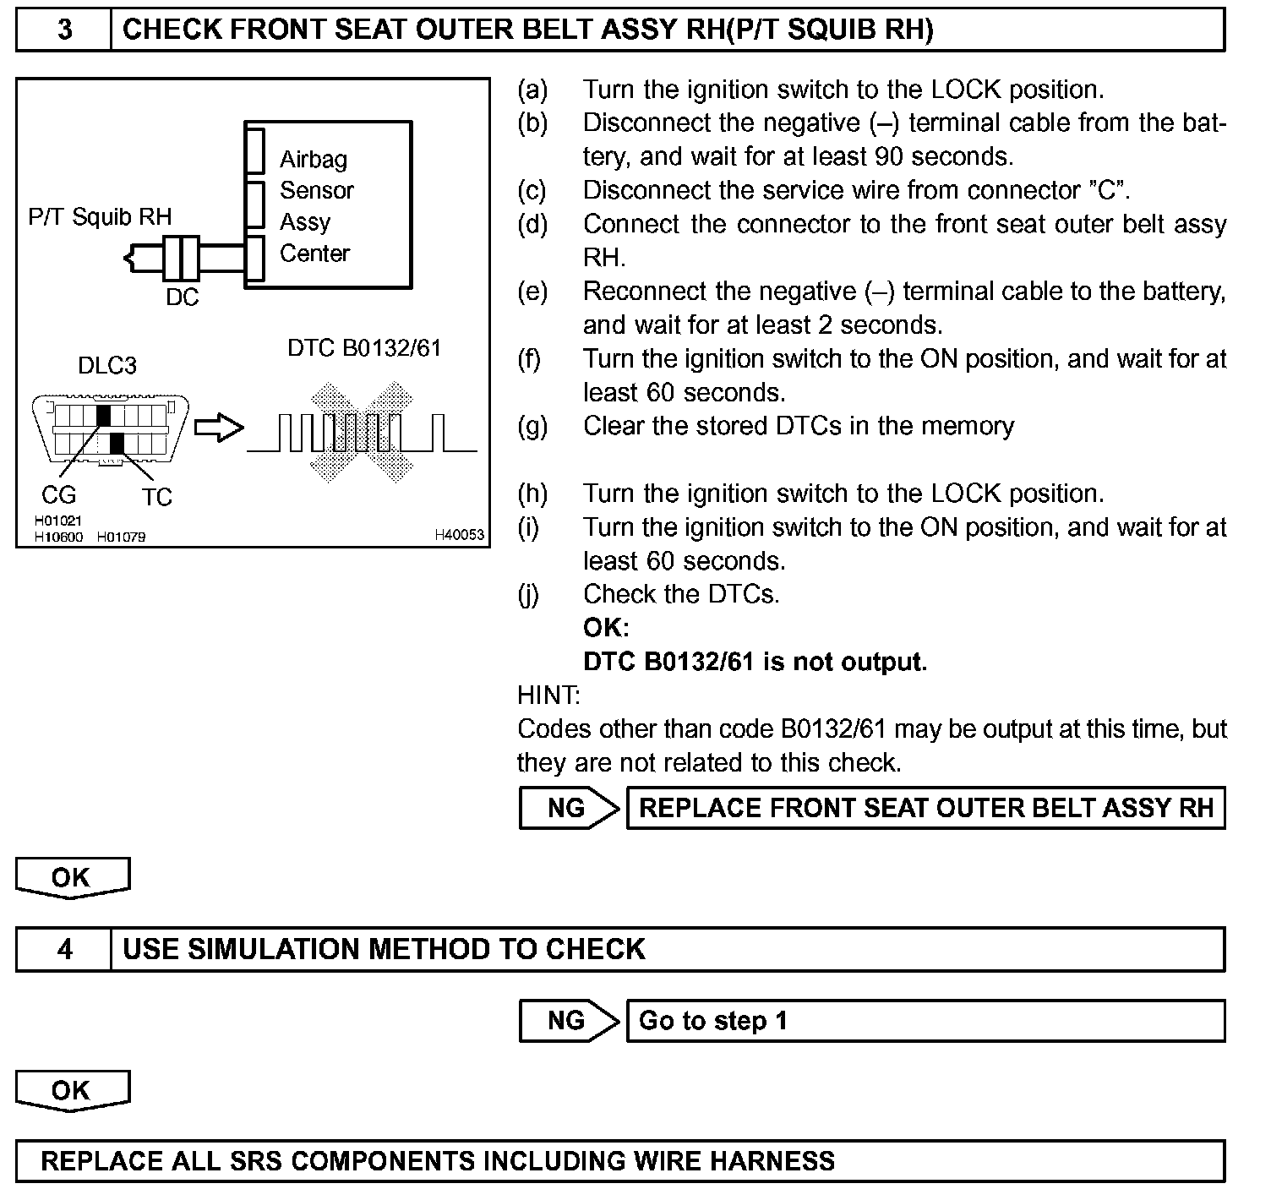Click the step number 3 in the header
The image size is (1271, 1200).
click(64, 30)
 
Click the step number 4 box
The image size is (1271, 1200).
click(64, 949)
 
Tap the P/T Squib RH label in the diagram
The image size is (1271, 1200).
click(100, 217)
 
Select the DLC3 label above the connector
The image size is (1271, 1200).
click(106, 365)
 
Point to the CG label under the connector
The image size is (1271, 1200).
click(58, 495)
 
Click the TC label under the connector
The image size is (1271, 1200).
click(157, 497)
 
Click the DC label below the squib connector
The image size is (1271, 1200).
click(182, 297)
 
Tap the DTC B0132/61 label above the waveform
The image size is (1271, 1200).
click(364, 348)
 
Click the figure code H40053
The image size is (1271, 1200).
click(459, 534)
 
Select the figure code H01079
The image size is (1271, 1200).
click(121, 537)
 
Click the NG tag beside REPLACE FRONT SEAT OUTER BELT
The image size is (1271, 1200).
click(567, 808)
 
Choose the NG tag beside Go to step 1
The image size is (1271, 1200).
click(567, 1020)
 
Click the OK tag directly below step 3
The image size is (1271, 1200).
click(71, 877)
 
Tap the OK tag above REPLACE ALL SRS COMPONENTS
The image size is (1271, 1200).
click(71, 1090)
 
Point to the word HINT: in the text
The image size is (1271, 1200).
click(548, 695)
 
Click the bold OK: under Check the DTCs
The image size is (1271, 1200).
click(606, 628)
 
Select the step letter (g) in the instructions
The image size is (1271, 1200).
click(532, 426)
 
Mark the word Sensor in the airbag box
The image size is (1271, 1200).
click(317, 190)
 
